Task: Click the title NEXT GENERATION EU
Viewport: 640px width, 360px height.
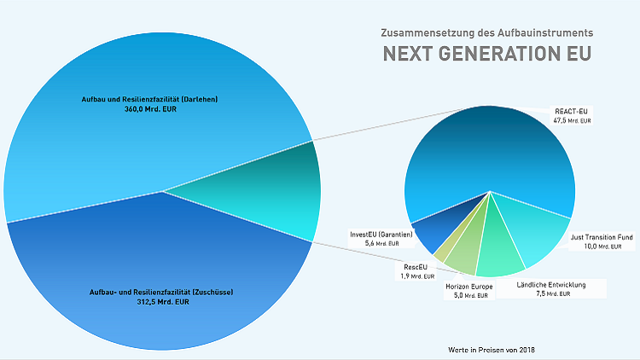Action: (486, 54)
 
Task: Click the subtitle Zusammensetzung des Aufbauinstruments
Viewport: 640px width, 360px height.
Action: (486, 32)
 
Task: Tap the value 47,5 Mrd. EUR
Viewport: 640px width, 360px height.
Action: (572, 121)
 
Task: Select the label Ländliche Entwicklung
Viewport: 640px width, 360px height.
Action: (551, 284)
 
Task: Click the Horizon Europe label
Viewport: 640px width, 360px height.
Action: (470, 287)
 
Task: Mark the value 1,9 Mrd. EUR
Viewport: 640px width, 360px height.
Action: (416, 276)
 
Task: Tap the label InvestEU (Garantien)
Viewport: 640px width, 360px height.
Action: (381, 234)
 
